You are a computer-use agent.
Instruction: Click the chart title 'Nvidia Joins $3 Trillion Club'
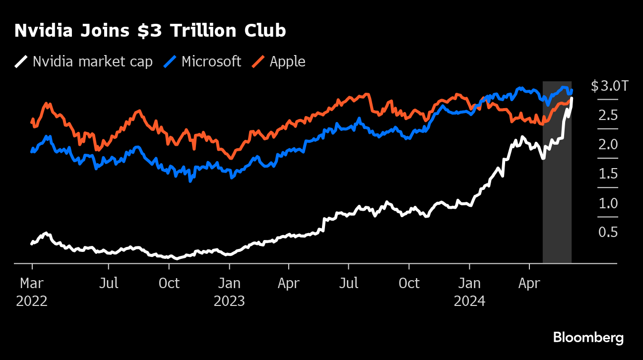pos(150,31)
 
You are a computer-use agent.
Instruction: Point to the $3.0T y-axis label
pos(609,86)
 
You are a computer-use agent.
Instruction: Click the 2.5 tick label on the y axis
pos(608,116)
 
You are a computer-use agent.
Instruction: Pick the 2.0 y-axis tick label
pos(608,145)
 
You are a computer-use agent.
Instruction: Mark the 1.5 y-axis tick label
pos(608,174)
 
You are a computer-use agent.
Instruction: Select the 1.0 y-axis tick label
pos(608,203)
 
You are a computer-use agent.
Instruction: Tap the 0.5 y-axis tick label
pos(608,233)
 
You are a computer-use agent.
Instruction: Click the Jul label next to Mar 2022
pos(108,284)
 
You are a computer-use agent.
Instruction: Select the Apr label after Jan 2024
pos(529,284)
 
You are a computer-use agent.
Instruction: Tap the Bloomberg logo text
pos(588,338)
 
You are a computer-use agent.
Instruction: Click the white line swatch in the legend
pos(21,61)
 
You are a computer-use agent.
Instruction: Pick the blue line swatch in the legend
pos(170,61)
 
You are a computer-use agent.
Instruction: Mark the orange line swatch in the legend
pos(257,61)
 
